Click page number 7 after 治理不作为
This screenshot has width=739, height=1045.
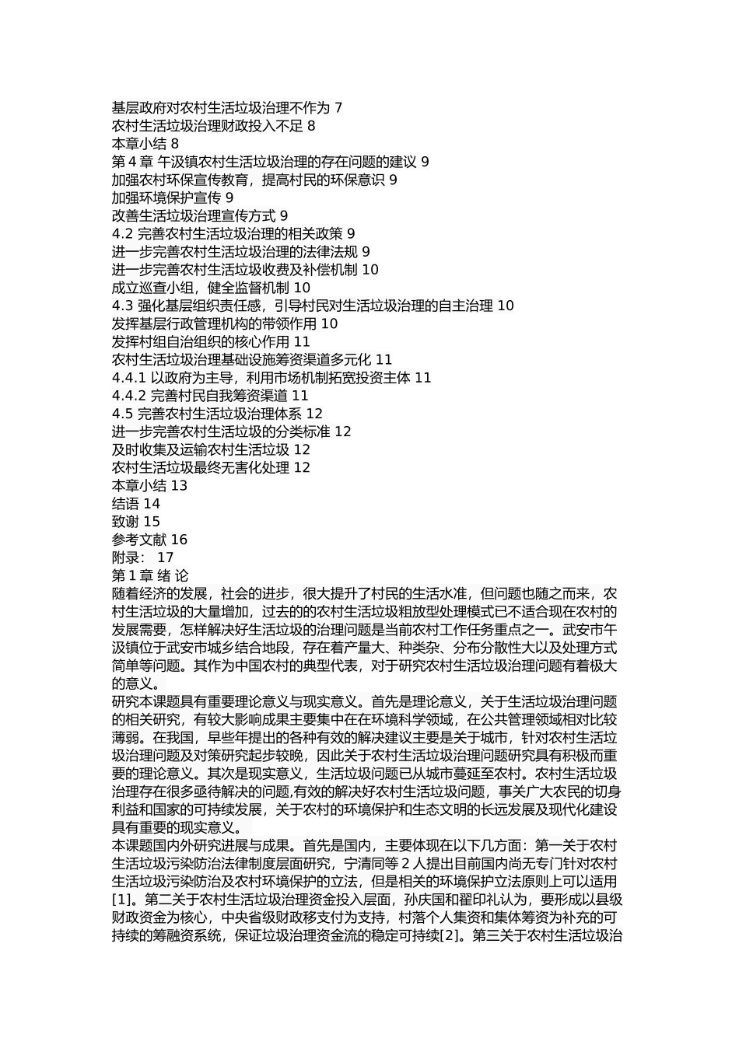[338, 108]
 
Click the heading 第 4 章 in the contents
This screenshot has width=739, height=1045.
[132, 162]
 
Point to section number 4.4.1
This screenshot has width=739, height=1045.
[129, 378]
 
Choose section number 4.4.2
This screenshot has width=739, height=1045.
[129, 396]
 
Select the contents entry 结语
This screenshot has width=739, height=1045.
[125, 504]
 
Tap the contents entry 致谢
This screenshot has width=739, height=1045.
[125, 522]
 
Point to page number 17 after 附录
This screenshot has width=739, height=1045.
[166, 557]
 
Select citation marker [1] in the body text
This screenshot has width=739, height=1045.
[121, 899]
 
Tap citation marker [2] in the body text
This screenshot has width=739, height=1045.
[451, 935]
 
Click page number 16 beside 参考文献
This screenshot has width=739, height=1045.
[179, 540]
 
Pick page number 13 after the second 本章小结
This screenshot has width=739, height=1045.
[179, 486]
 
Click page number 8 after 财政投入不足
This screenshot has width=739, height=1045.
[311, 126]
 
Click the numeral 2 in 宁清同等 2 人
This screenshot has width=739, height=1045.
[405, 863]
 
